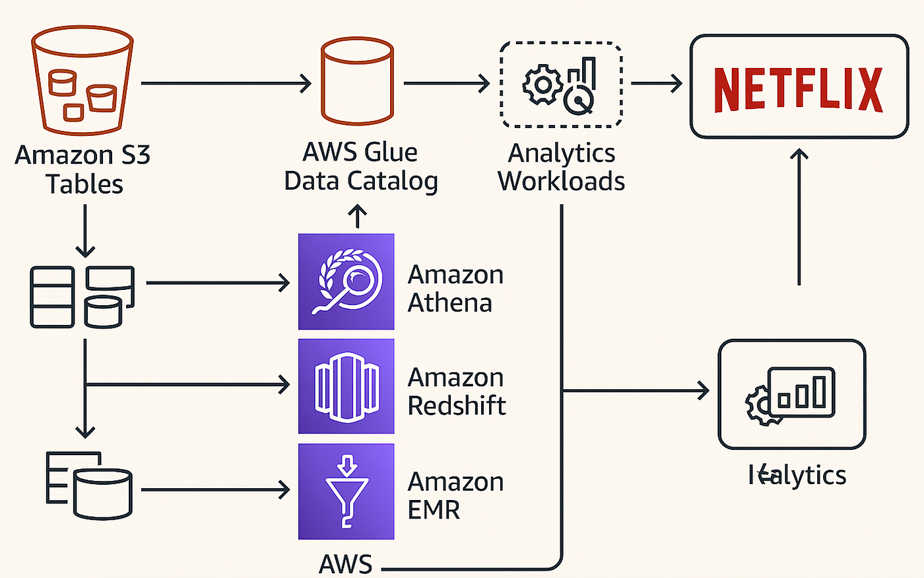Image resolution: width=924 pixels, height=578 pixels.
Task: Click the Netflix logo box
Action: [799, 87]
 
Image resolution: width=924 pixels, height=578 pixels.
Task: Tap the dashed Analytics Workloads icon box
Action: [560, 84]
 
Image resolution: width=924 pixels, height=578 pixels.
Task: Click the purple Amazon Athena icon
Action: [346, 281]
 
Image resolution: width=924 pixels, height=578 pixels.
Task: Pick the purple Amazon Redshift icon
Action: [346, 386]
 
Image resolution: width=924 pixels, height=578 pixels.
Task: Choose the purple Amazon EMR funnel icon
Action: [346, 491]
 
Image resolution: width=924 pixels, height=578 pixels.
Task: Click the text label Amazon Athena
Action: [455, 289]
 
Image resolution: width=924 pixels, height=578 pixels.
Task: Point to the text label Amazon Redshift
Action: [457, 391]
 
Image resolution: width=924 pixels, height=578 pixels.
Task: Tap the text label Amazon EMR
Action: [455, 495]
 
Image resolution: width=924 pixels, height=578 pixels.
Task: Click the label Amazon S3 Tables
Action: [83, 169]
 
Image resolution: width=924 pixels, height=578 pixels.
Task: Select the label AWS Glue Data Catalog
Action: [360, 166]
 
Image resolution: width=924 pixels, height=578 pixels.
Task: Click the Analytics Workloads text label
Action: [561, 166]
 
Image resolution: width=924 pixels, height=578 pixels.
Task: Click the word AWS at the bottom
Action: [346, 564]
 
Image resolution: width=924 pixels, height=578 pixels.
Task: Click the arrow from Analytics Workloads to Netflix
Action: [656, 84]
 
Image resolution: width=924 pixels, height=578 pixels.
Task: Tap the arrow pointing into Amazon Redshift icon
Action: [188, 384]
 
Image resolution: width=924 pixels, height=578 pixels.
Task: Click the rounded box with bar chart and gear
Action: [791, 394]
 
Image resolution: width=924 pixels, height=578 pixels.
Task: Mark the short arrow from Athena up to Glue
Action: [357, 216]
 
